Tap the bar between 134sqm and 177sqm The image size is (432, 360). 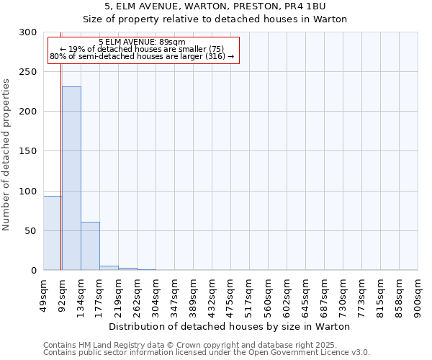pos(90,246)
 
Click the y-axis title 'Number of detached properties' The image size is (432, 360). pos(6,154)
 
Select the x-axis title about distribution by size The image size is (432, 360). pos(230,326)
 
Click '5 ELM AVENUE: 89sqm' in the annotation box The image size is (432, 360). pos(142,42)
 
